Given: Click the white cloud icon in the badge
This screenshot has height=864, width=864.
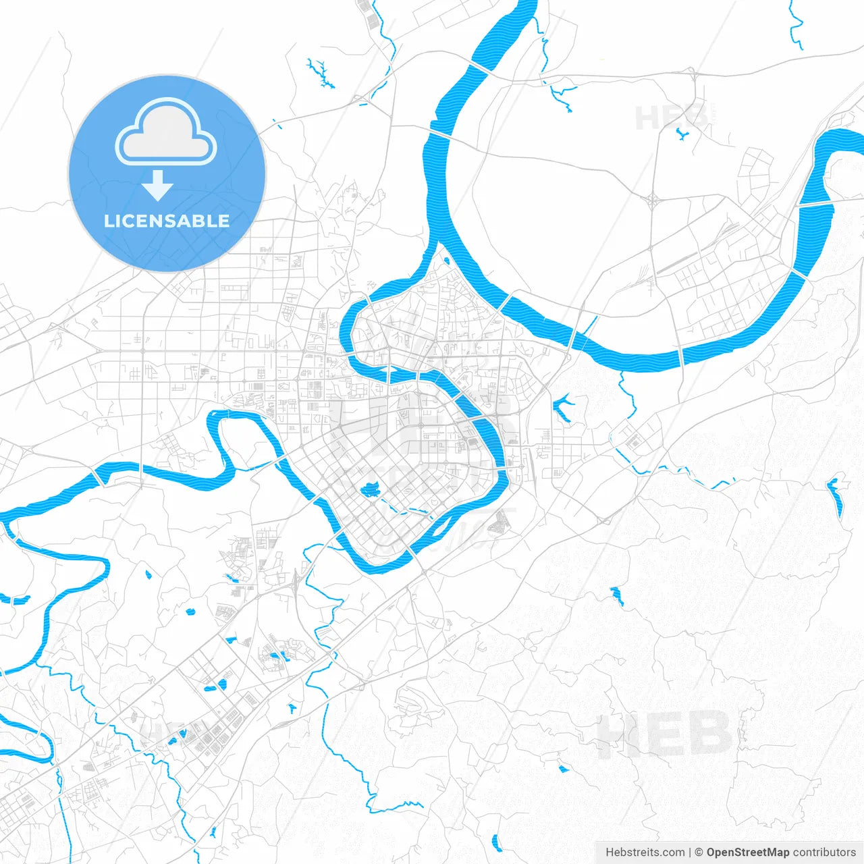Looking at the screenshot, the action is coord(166,133).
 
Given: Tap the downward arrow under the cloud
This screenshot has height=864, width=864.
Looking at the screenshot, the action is coord(158,186).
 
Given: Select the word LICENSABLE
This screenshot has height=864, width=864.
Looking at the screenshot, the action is coord(167,221).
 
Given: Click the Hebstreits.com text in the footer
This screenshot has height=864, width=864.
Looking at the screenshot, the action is coord(645,853).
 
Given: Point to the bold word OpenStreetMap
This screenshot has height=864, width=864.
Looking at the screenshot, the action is coord(747,853).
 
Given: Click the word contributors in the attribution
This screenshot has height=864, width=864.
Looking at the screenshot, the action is coord(823,853).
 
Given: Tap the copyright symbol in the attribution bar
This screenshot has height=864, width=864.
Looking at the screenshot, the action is coord(699,853).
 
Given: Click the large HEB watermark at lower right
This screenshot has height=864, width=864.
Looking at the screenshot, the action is coord(665,734).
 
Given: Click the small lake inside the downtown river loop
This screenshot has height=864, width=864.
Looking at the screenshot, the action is coord(369,489).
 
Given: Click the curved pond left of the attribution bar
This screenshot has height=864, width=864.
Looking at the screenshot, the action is coord(497,842).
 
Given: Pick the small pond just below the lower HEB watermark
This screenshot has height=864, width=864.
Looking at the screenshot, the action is coord(563,768).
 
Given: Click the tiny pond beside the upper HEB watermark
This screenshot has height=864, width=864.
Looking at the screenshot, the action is coord(682,134).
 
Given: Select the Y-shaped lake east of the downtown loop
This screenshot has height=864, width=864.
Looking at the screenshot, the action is coord(562,408).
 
